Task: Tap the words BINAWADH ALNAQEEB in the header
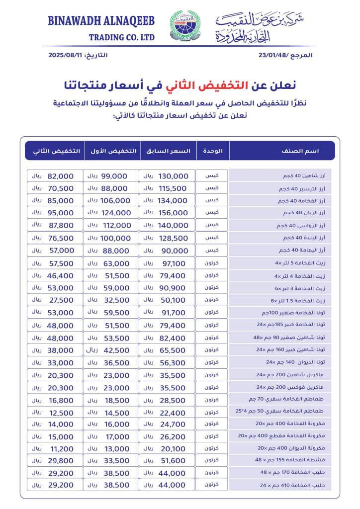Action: (x=101, y=21)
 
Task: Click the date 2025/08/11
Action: (x=66, y=55)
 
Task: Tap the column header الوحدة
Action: (x=213, y=151)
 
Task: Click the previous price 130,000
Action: (x=174, y=176)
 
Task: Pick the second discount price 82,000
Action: (x=61, y=176)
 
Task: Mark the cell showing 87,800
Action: (x=61, y=226)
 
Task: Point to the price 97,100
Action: (x=174, y=263)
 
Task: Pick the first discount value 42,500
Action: (x=117, y=349)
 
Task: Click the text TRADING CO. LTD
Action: (x=122, y=38)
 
